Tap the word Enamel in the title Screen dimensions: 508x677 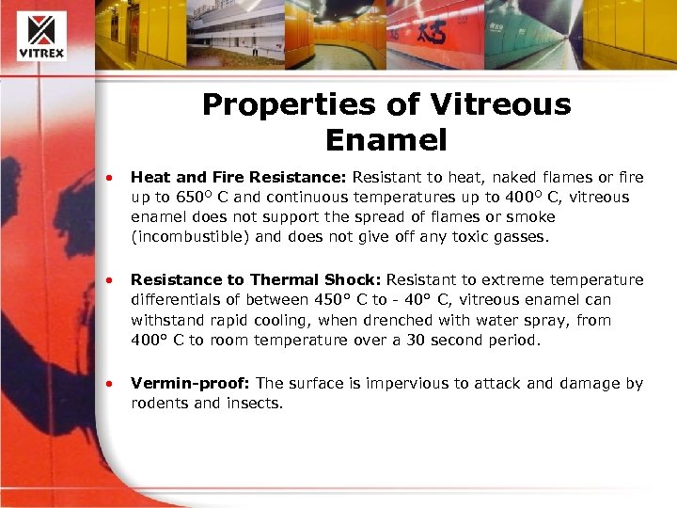pyautogui.click(x=386, y=140)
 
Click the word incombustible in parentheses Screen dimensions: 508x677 pyautogui.click(x=191, y=237)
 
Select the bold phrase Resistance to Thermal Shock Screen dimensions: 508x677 pyautogui.click(x=257, y=279)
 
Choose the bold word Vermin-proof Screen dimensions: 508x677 pyautogui.click(x=191, y=383)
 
